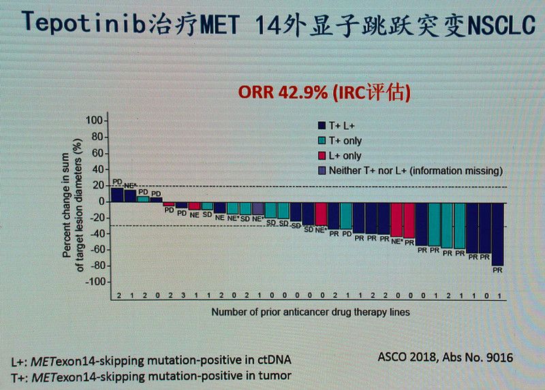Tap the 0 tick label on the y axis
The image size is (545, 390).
point(100,201)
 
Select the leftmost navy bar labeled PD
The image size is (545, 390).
point(116,195)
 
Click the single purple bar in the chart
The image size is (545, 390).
point(258,208)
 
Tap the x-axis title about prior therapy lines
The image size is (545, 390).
point(310,312)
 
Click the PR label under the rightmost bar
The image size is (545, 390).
point(498,270)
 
